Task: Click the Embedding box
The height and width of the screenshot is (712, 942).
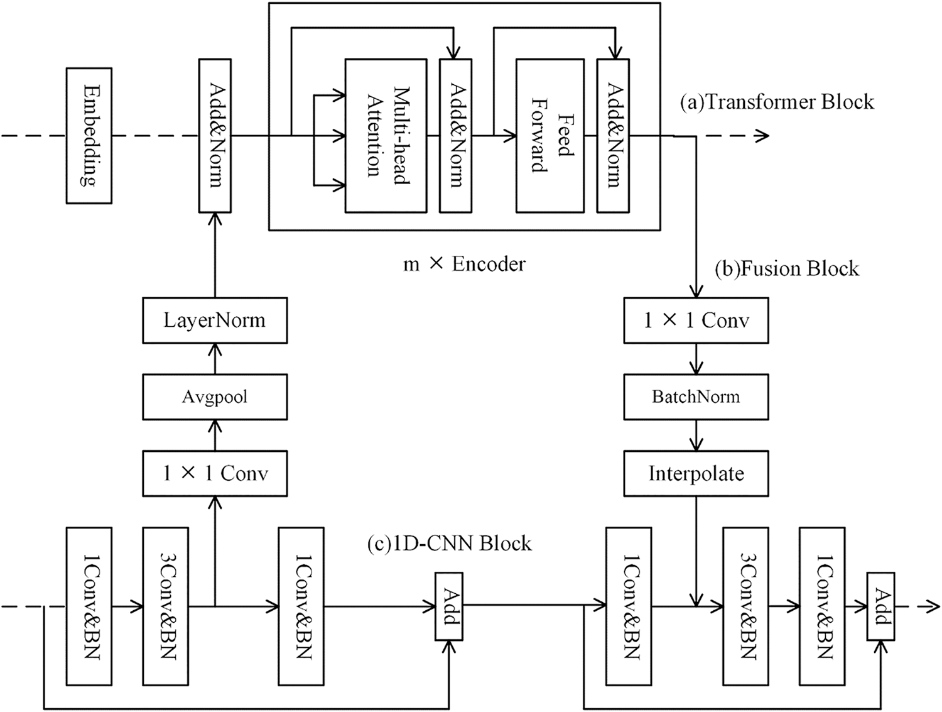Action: click(89, 136)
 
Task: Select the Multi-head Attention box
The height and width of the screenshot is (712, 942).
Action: click(386, 136)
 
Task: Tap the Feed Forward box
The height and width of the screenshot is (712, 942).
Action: click(549, 136)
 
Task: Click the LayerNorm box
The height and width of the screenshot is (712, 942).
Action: click(215, 320)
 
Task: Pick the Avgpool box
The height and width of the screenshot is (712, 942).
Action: click(215, 397)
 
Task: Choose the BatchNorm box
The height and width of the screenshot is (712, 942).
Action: click(696, 397)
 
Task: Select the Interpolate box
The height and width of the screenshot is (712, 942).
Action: click(696, 473)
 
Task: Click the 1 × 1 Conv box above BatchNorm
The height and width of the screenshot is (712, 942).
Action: click(696, 320)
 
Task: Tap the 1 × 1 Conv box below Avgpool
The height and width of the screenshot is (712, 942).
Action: click(215, 473)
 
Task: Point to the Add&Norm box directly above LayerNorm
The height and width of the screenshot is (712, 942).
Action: click(215, 136)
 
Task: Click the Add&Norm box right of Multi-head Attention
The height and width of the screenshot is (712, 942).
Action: click(455, 136)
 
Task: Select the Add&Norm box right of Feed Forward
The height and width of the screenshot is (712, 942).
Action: click(613, 136)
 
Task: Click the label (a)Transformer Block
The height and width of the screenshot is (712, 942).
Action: click(777, 102)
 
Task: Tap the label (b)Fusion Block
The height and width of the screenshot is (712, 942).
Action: click(786, 269)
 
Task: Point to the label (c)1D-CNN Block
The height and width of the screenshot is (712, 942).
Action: click(449, 543)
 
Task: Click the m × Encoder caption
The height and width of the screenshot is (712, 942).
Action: click(464, 264)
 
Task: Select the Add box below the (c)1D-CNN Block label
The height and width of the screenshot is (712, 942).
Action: click(449, 606)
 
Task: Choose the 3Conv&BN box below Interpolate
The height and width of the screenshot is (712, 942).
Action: click(745, 606)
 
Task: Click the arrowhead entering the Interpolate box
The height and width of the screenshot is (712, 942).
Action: click(696, 444)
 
